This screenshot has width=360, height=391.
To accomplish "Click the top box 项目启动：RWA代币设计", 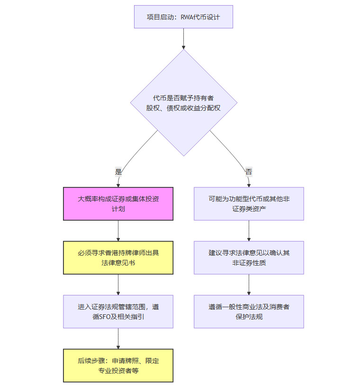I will click(x=183, y=17).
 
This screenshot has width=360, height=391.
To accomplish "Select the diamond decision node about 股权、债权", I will click(x=183, y=103).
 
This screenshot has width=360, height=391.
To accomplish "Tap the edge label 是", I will click(x=118, y=171).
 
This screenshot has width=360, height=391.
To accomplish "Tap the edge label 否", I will click(x=249, y=171).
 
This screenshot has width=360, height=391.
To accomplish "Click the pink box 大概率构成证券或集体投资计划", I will click(x=118, y=204).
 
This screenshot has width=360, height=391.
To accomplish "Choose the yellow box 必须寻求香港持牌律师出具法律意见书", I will click(x=118, y=258).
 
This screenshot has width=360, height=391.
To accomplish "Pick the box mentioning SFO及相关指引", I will click(x=118, y=311).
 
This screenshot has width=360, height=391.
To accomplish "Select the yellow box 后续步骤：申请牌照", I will click(x=118, y=365).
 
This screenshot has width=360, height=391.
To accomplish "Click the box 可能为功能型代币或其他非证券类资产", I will click(x=249, y=204).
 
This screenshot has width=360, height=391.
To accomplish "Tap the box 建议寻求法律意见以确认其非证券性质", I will click(x=249, y=258).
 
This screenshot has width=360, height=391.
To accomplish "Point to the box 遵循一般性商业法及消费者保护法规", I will click(x=249, y=311).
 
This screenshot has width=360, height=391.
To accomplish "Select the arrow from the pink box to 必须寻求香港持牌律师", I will click(x=118, y=231).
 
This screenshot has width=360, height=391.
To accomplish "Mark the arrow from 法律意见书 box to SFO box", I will click(x=118, y=284).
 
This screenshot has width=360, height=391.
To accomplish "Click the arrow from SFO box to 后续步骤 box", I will click(x=118, y=338).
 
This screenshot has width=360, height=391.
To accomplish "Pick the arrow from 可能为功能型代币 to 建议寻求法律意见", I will click(x=249, y=231).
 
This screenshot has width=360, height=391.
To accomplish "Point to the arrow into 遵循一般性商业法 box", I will click(x=249, y=284).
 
